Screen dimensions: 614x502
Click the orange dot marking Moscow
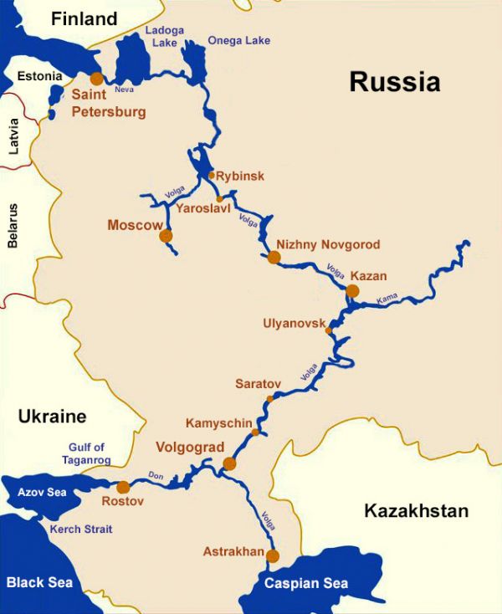[x=166, y=236]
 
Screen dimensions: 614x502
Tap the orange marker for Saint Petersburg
[x=97, y=79]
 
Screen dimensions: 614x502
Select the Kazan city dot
[x=352, y=291]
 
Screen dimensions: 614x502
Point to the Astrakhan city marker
[x=272, y=555]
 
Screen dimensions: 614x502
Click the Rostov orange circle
[x=123, y=487]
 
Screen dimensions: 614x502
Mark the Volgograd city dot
[x=229, y=463]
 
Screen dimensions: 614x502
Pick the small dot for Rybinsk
[x=211, y=176]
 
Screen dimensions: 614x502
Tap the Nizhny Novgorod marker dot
[x=274, y=258]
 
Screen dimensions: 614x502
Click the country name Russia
[x=394, y=82]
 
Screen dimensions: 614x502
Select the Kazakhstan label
[x=416, y=511]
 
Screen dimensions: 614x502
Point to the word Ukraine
[x=52, y=417]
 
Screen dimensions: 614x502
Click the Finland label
[x=84, y=18]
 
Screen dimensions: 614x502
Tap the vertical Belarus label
[x=13, y=225]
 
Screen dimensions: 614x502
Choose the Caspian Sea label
[x=306, y=584]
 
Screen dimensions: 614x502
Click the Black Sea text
[x=39, y=582]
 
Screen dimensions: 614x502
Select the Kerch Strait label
[x=81, y=530]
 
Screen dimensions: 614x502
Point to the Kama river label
[x=387, y=298]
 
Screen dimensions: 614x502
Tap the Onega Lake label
[x=238, y=40]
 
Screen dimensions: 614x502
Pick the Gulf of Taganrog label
[x=84, y=453]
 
